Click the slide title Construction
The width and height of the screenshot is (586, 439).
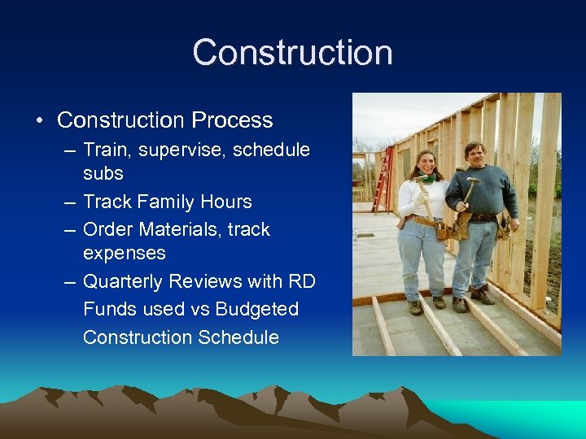pos(292,53)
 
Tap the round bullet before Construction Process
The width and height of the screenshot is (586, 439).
pos(40,121)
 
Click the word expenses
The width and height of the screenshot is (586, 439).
pos(124,254)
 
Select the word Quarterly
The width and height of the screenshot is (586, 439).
pos(126,282)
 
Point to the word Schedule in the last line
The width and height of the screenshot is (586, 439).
pos(235,337)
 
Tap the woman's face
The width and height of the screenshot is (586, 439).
pos(425,163)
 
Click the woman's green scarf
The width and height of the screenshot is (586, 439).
pos(425,177)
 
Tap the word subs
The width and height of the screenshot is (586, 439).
pos(103,174)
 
